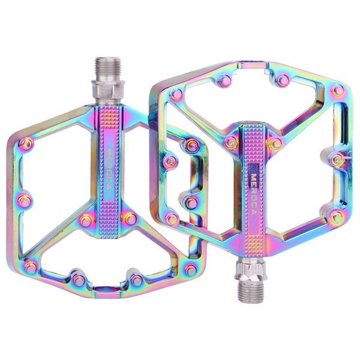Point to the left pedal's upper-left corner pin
(26, 143)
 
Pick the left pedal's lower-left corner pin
(30, 268)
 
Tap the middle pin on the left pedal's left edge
(24, 200)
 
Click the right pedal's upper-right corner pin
(338, 91)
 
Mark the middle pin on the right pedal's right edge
(338, 160)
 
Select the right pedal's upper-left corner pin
(176, 94)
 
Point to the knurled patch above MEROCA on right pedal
(251, 142)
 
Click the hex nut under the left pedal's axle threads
(106, 91)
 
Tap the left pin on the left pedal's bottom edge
(79, 280)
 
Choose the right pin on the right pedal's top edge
(282, 80)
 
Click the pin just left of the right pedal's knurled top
(230, 143)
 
